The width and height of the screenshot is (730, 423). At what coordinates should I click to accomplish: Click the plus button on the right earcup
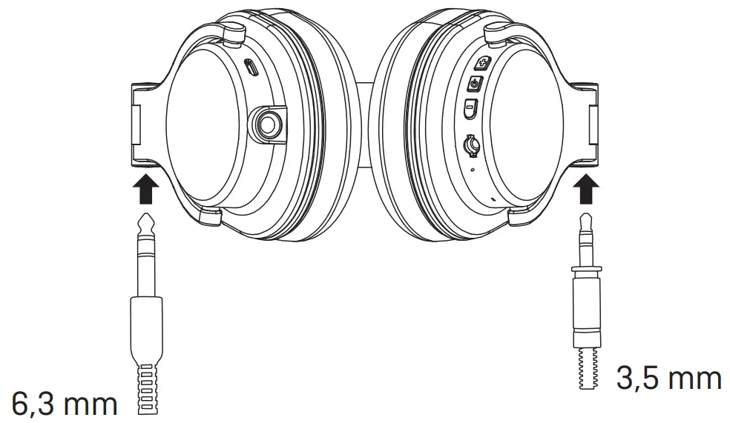pos(480,63)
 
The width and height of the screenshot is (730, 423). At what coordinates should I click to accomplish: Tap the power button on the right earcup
pos(475,84)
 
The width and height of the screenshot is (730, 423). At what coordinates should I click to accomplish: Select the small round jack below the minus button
pos(470,144)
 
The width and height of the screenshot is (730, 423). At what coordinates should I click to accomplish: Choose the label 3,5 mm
pos(669,379)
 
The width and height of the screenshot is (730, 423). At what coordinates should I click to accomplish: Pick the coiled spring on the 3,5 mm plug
pos(586,367)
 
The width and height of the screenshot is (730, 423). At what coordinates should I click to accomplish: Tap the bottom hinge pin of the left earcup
pos(211,216)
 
